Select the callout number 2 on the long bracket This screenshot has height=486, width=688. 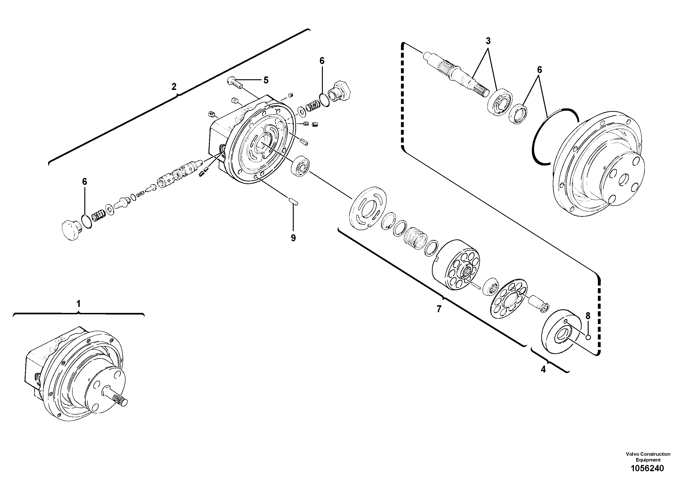coord(174,87)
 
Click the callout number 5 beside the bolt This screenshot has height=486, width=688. coord(266,80)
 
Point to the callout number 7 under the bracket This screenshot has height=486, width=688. coord(439,309)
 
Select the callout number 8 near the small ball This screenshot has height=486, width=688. coord(588,316)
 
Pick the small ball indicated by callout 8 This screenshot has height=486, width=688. coord(588,338)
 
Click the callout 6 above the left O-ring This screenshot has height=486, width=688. coord(85,182)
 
